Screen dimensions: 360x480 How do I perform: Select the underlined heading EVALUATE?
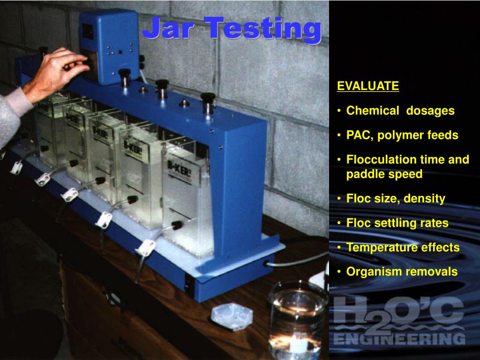(x=368, y=86)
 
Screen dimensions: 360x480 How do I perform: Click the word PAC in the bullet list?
(x=359, y=135)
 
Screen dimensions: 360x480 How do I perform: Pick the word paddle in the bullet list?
(x=364, y=174)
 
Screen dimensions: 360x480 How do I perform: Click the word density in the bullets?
(x=425, y=199)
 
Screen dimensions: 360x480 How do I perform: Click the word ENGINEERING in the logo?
(x=399, y=338)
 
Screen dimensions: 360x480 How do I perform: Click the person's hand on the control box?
(x=61, y=70)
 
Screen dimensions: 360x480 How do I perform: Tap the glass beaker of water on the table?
(x=297, y=319)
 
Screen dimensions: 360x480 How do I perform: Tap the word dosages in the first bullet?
(x=430, y=111)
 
